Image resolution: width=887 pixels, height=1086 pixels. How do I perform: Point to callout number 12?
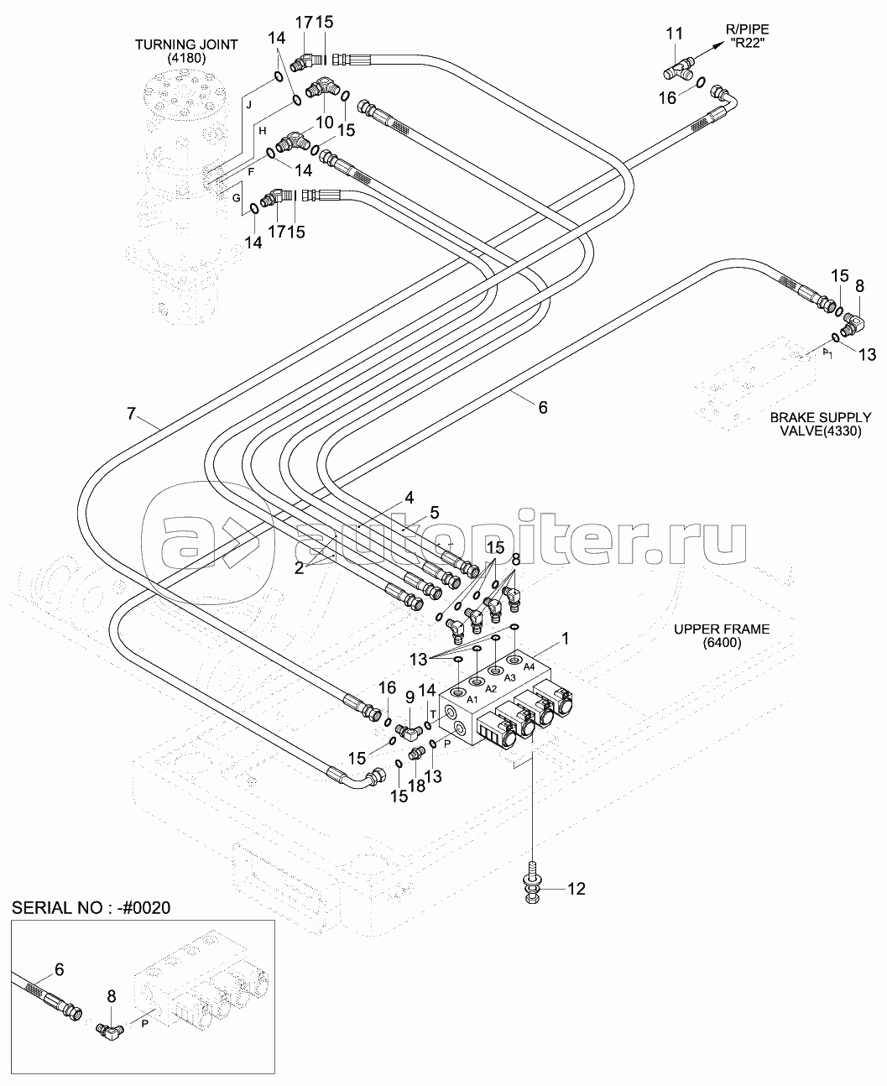[577, 888]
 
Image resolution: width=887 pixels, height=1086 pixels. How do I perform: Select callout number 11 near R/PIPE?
[674, 34]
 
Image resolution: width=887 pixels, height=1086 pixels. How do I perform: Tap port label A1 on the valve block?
[472, 699]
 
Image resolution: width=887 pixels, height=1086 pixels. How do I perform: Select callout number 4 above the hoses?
[409, 498]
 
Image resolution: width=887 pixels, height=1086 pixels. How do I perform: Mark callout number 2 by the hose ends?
[298, 568]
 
